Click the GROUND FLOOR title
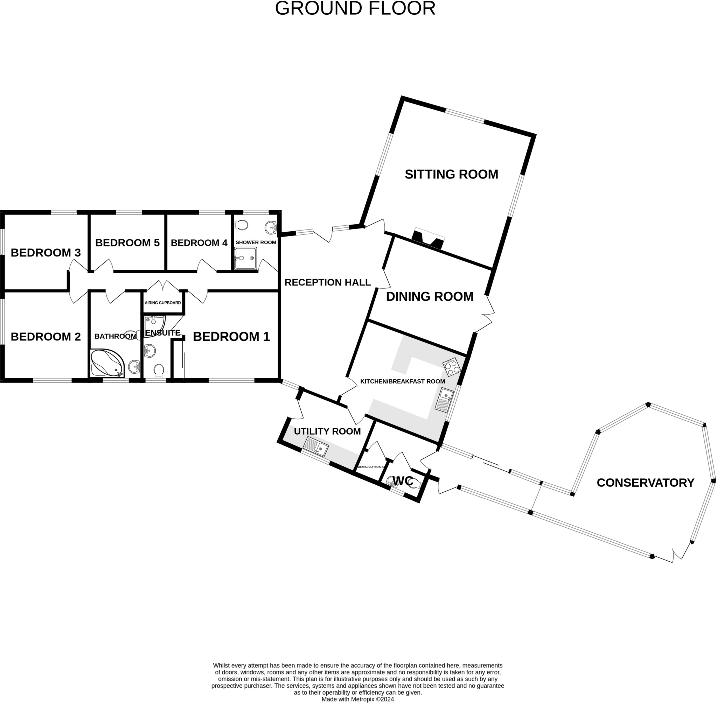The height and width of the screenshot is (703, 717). click(x=355, y=8)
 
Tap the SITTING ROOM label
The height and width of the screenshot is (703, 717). click(x=451, y=174)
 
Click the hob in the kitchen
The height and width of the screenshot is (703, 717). click(x=452, y=367)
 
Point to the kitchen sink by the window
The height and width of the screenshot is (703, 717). click(x=444, y=400)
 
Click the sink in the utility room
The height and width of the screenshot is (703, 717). click(x=315, y=447)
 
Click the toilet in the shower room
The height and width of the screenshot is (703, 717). click(x=241, y=225)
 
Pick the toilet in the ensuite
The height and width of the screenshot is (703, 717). click(x=159, y=371)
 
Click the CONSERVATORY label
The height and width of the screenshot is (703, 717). click(x=645, y=483)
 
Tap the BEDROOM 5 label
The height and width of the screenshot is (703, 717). click(x=127, y=242)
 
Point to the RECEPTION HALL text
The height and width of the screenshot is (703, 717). click(x=327, y=282)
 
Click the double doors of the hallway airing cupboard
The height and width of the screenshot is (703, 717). click(x=163, y=286)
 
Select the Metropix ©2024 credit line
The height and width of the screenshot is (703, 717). click(x=357, y=699)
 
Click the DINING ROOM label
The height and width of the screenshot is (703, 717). click(x=429, y=296)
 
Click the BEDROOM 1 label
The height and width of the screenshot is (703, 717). click(x=231, y=336)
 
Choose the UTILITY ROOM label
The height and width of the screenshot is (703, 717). click(x=327, y=431)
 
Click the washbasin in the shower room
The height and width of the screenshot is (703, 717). click(x=271, y=227)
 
